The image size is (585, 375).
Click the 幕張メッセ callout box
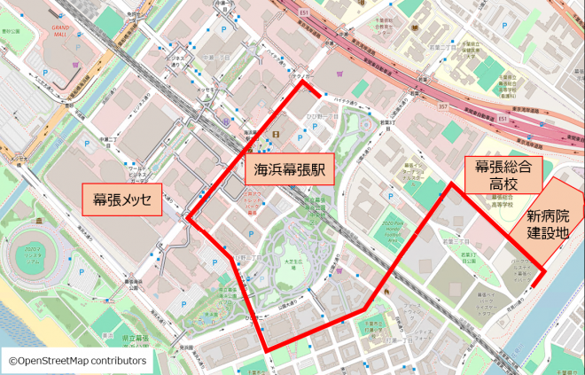(122, 198)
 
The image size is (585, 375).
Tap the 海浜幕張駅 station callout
(289, 168)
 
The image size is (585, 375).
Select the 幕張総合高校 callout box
(503, 176)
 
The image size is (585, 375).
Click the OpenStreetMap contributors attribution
(77, 361)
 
